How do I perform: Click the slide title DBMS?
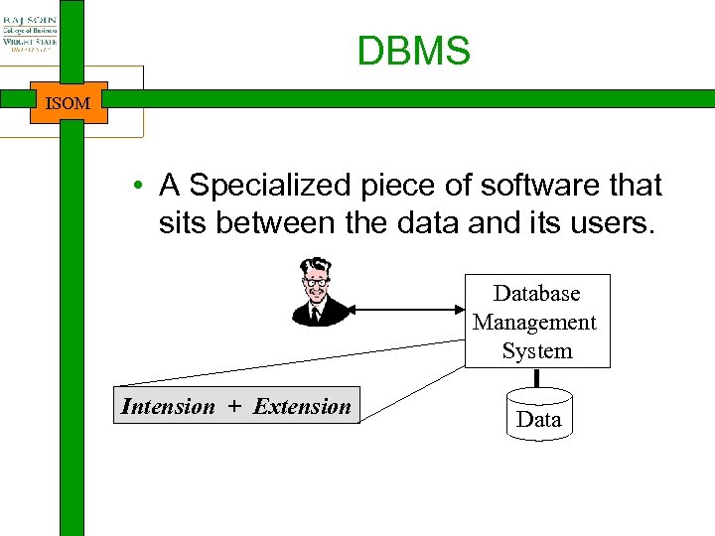click(x=413, y=52)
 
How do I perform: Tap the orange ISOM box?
click(x=69, y=102)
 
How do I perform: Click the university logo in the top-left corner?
click(x=30, y=33)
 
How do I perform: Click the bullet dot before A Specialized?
click(x=144, y=187)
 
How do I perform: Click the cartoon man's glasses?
click(x=317, y=283)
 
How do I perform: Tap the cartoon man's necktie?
click(x=316, y=313)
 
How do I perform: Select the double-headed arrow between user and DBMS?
click(x=408, y=310)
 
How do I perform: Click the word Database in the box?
click(x=536, y=294)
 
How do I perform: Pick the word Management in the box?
click(x=535, y=323)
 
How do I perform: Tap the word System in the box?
click(x=537, y=351)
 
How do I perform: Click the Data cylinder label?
click(x=539, y=420)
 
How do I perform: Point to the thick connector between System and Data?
click(x=536, y=378)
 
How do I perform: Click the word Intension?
click(x=168, y=406)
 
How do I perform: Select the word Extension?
click(x=302, y=406)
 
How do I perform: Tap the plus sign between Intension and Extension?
click(x=233, y=406)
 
